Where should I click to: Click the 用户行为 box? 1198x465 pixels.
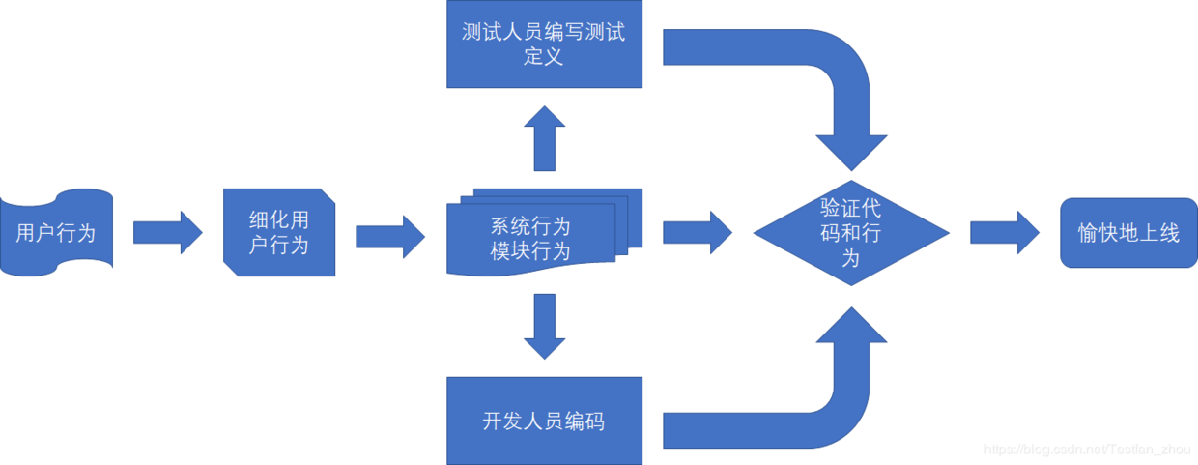point(56,232)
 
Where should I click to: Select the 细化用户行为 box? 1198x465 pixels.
point(279,232)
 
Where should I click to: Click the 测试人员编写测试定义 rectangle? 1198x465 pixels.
point(544,44)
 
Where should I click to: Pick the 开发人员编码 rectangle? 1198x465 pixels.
point(544,421)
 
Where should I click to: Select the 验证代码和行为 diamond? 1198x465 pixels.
point(851,233)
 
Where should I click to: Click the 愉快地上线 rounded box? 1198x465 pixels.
point(1128,233)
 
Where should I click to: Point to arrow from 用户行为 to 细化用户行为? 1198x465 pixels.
point(167,233)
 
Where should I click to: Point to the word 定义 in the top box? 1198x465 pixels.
point(544,56)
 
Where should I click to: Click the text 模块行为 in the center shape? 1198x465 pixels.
point(530,251)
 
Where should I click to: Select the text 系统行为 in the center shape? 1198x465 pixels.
point(530,227)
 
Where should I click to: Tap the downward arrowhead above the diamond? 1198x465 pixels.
point(851,150)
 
